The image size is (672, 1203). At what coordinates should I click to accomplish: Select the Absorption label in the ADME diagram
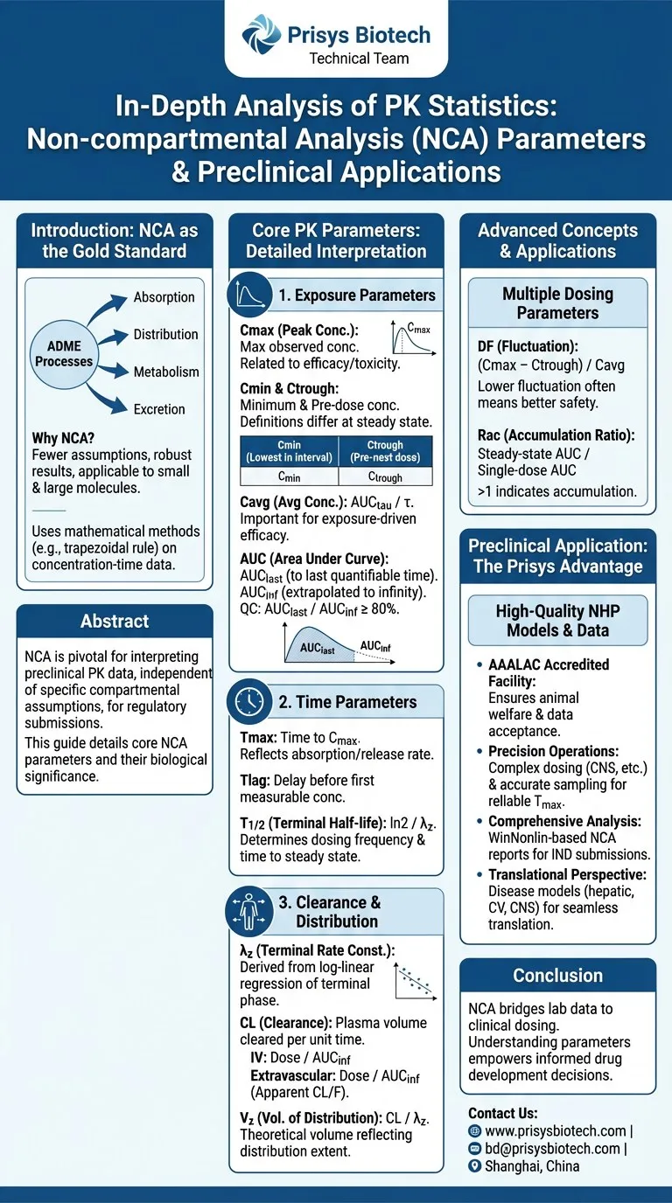point(165,297)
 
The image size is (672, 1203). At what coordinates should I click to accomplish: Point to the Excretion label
point(159,408)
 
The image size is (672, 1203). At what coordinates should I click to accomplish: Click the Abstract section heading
point(115,622)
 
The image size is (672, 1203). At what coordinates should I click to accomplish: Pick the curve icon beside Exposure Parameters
point(248,295)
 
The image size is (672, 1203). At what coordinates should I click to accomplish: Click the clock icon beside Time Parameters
point(248,701)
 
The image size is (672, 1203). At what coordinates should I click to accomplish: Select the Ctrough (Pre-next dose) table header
point(385,451)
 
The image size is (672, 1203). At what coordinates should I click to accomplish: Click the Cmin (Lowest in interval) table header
point(289,451)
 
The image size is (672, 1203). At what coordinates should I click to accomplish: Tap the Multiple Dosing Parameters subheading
point(557,303)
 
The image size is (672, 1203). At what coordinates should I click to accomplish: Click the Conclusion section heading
point(557,975)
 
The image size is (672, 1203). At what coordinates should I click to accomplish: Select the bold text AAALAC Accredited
point(549,664)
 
